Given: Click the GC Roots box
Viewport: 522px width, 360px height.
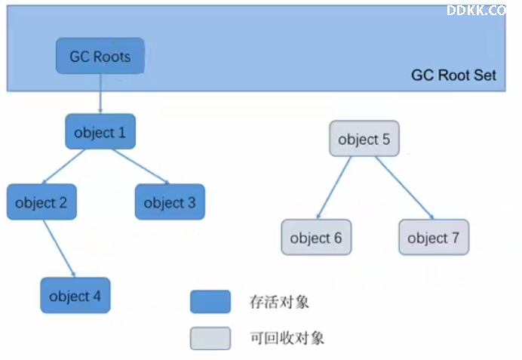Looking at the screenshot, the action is point(100,56).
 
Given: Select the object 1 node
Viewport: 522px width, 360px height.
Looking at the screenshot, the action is point(100,131).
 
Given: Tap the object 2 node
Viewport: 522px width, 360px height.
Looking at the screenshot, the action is point(41,202).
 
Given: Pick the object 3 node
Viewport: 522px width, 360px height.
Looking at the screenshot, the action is point(170,202).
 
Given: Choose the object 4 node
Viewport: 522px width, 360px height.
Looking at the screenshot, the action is point(75,295).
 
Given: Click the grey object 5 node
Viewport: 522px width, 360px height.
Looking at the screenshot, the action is point(364,139).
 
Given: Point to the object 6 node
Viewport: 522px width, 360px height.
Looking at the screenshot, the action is point(316,237).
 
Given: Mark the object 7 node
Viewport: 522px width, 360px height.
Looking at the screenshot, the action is point(434,237).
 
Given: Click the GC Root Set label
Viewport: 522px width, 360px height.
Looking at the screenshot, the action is point(454,75).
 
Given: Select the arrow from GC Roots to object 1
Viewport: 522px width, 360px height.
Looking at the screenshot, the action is point(100,94).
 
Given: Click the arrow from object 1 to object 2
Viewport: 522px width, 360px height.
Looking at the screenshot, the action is point(63,167).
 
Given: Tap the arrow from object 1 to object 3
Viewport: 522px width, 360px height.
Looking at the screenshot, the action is point(141,167).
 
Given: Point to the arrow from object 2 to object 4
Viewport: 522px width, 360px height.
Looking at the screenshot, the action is point(60,248).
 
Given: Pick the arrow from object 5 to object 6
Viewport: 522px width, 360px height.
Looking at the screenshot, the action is point(334,188).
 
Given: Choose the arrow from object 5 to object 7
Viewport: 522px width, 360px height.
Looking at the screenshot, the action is point(404,188).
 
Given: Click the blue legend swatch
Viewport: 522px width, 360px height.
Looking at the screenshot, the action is point(210,302).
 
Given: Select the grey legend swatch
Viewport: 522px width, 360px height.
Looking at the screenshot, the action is point(210,338).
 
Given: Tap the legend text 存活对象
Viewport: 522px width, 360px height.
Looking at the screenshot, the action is point(279,302).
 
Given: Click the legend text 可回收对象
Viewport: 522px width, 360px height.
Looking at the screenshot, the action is point(287,338).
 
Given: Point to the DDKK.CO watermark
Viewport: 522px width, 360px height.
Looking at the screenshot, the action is point(477,11).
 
